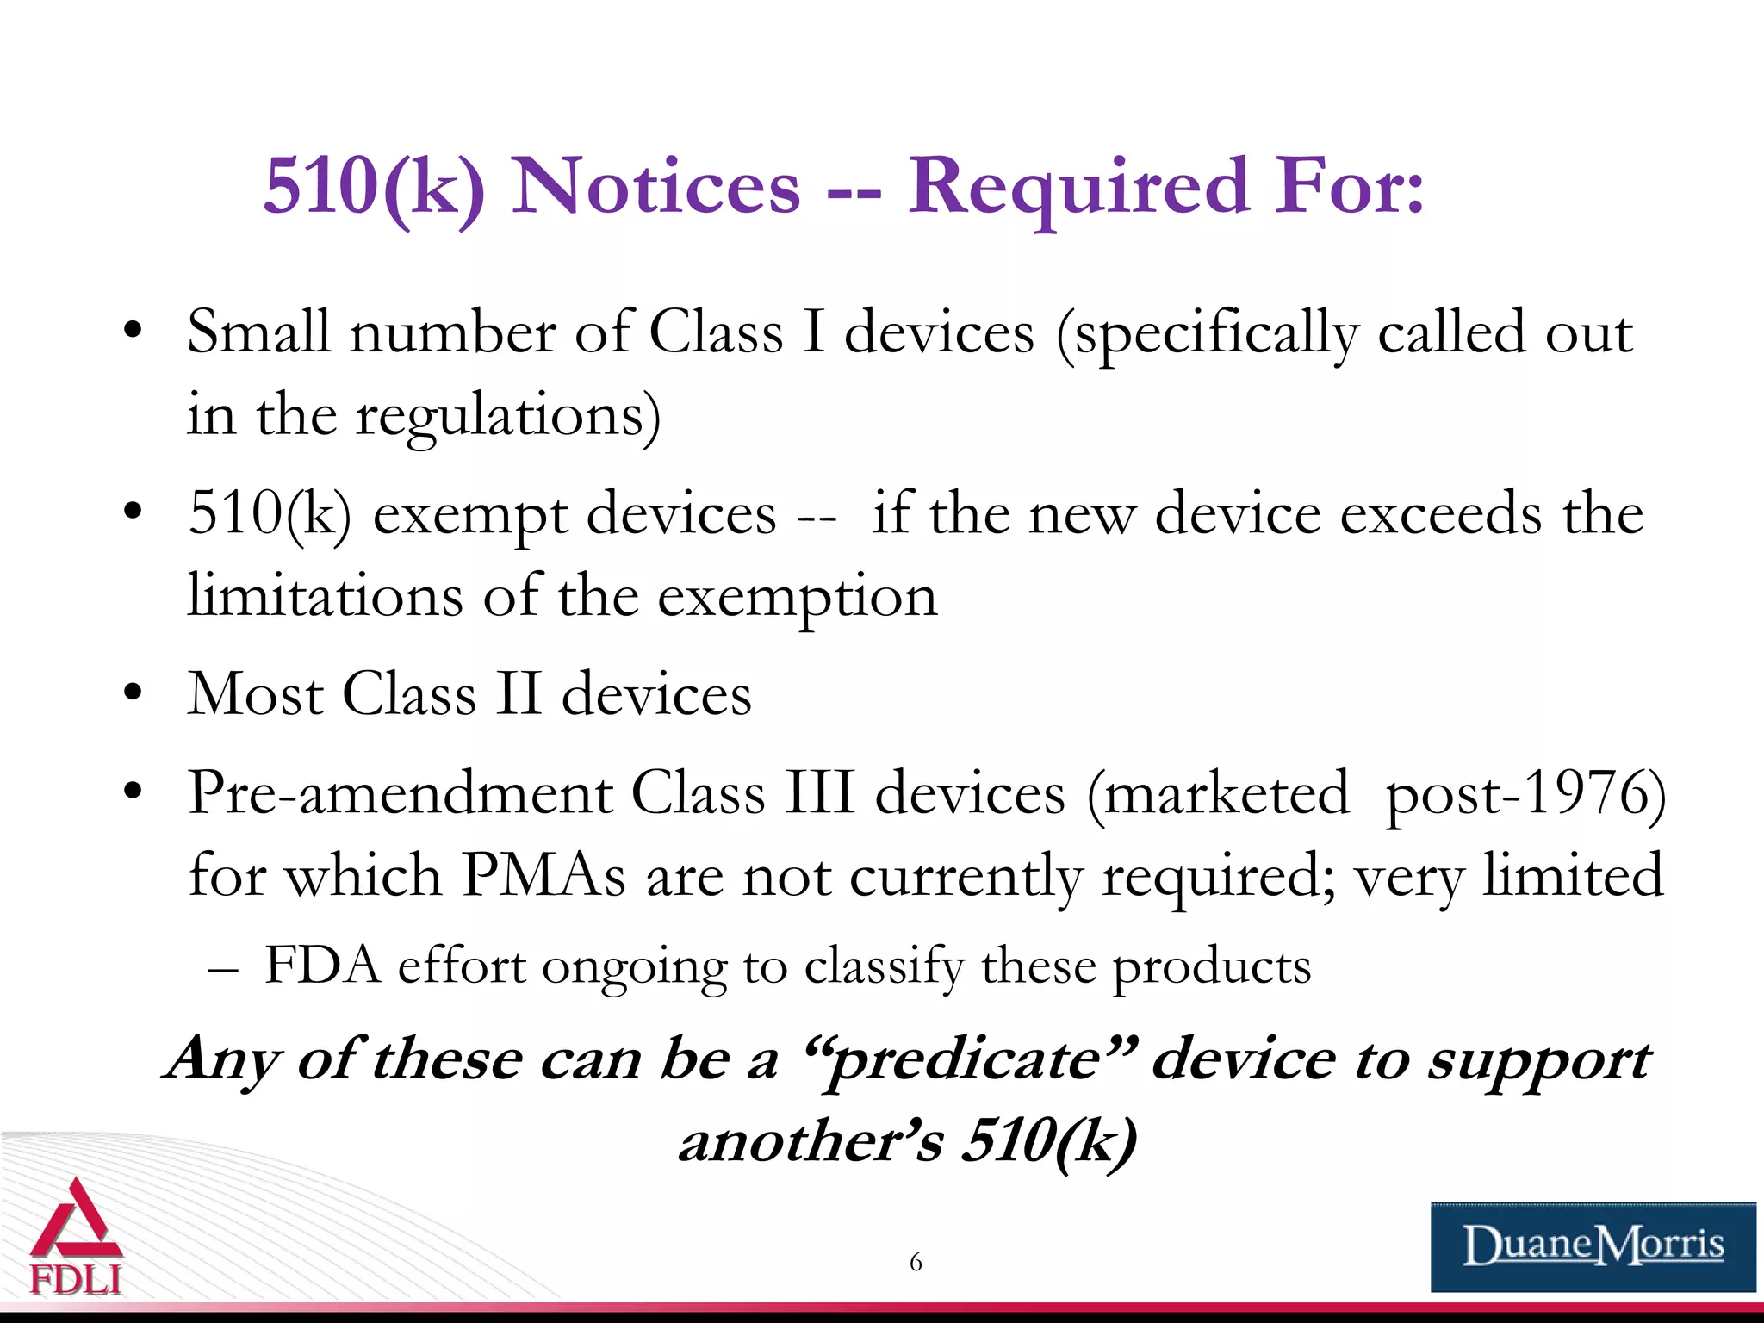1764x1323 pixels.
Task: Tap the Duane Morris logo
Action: coord(1593,1246)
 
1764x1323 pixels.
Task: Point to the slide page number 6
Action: coord(916,1263)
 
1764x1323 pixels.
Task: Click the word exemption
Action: coord(798,596)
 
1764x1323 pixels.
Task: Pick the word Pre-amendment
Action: coord(400,792)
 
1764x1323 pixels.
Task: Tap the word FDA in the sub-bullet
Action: coord(322,965)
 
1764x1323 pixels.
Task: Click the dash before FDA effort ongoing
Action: coord(222,968)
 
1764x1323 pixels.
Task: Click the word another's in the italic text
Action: coord(811,1142)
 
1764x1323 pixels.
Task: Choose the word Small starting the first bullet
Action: coord(258,332)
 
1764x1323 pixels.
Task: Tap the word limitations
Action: coord(326,596)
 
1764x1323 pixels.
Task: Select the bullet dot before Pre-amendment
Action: coord(132,791)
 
